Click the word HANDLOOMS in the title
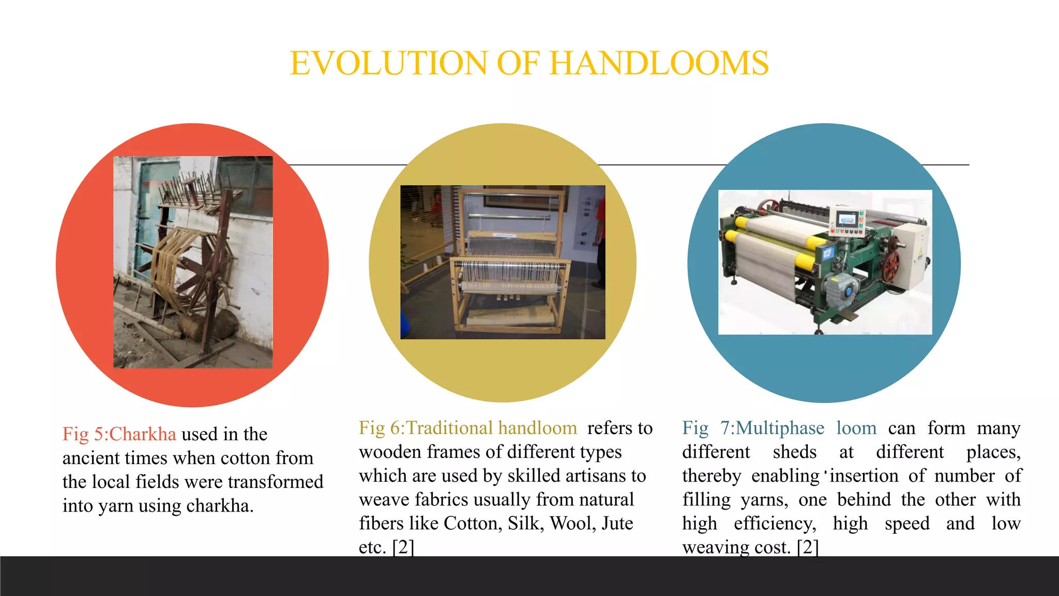coord(659,63)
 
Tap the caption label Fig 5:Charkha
coord(119,434)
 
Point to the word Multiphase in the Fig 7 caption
coord(780,428)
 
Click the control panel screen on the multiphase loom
coord(847,219)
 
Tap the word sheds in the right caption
coord(794,452)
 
